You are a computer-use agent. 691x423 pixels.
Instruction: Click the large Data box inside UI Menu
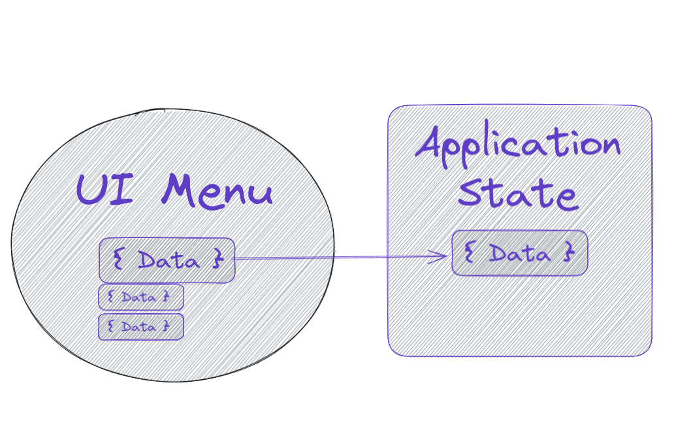click(167, 260)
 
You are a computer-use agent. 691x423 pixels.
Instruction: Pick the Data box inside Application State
click(519, 253)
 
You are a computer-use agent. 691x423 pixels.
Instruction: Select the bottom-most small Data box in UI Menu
click(140, 327)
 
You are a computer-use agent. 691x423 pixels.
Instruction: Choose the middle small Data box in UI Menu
click(140, 297)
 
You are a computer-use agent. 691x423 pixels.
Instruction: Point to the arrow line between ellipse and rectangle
click(340, 258)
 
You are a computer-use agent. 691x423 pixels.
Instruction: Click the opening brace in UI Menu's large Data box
click(118, 260)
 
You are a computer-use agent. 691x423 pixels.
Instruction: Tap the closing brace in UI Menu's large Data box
click(217, 261)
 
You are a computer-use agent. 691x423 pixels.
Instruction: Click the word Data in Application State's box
click(519, 253)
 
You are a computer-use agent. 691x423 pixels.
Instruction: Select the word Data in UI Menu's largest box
click(169, 262)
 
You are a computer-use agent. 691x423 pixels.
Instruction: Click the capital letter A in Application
click(432, 142)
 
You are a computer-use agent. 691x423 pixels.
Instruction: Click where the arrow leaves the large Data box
click(236, 259)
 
